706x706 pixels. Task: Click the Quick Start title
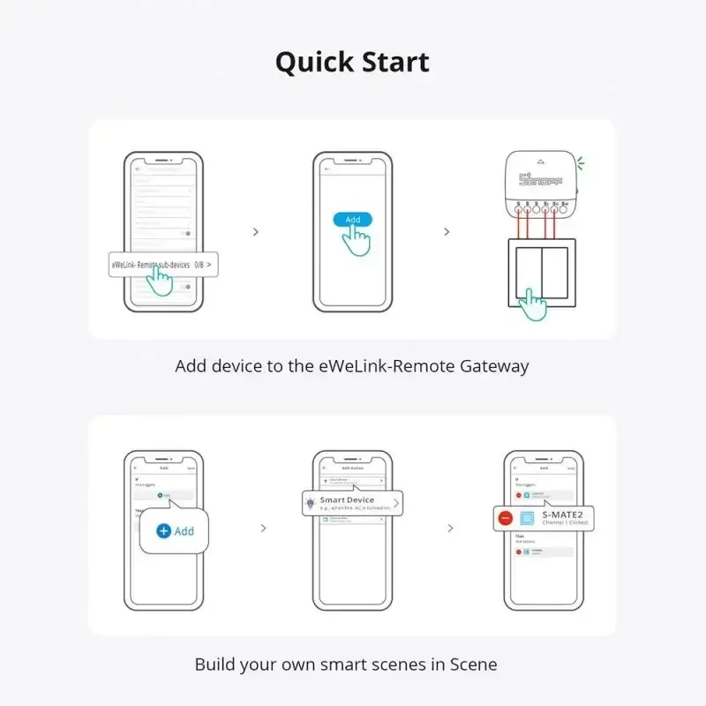352,63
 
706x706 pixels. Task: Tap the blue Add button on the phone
352,219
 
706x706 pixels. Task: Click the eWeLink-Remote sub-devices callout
163,264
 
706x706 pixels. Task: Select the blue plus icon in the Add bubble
163,531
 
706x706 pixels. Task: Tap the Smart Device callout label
347,500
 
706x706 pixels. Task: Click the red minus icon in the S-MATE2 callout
505,518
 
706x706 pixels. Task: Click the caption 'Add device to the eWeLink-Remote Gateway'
352,366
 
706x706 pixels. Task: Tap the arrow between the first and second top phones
256,232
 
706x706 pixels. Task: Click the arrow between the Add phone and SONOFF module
447,232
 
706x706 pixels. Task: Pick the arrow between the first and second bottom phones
263,529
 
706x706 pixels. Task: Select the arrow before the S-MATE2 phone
451,529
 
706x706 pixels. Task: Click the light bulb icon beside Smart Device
310,503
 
